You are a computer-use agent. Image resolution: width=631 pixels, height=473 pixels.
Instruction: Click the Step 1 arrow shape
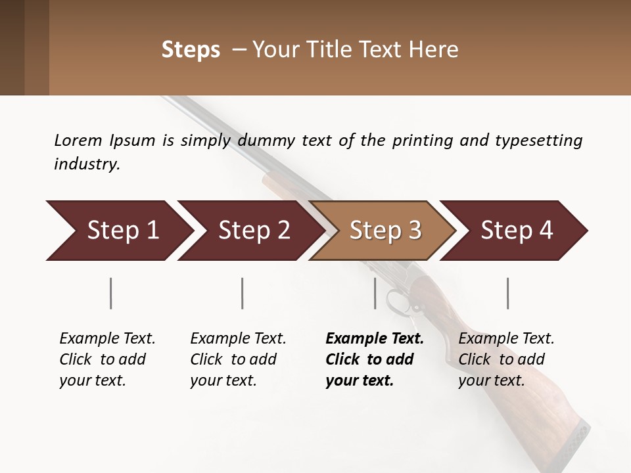118,231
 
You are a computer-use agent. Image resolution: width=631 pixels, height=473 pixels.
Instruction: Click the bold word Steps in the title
191,50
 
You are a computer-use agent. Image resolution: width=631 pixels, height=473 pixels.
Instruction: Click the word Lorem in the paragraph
78,140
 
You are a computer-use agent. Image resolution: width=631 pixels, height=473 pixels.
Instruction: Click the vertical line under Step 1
110,293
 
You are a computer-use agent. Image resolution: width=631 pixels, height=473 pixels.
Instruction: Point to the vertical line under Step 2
243,293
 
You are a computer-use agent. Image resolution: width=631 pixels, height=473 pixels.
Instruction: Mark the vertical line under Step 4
507,293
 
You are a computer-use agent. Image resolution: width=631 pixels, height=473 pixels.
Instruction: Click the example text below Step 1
107,359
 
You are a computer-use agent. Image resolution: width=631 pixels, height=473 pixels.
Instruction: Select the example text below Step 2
238,359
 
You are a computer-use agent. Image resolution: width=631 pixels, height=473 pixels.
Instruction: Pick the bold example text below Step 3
375,359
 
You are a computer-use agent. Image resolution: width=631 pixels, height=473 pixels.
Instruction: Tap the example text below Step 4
506,359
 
